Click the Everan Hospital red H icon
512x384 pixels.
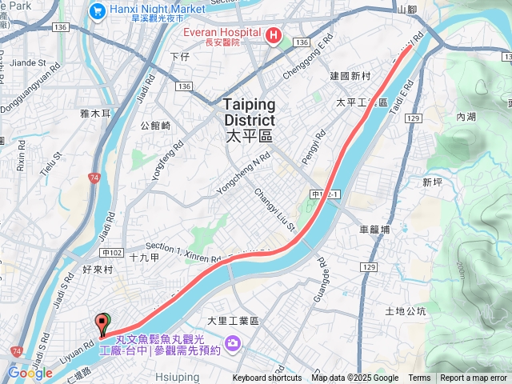(273, 35)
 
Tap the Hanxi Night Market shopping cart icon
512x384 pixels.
(98, 11)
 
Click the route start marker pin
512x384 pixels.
(102, 324)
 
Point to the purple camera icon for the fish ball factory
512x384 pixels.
(233, 343)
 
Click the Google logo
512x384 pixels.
(30, 373)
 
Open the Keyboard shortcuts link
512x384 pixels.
(267, 378)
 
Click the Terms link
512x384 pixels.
(419, 378)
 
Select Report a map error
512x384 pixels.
(474, 378)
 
